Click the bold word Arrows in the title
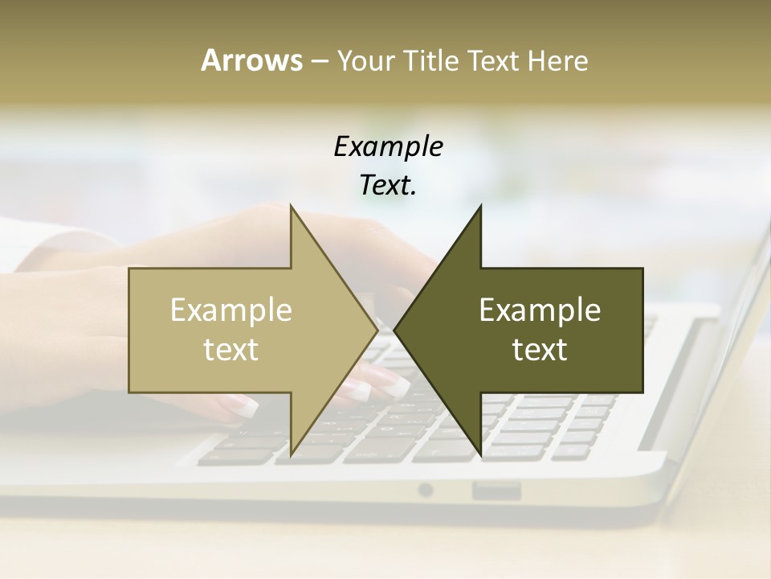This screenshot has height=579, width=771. (x=251, y=60)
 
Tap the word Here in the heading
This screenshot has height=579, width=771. (x=558, y=60)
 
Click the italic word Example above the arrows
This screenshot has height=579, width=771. (x=388, y=147)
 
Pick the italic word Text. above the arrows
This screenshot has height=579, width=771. (x=388, y=186)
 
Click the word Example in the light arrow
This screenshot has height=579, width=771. (x=231, y=310)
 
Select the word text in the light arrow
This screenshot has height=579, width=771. (x=231, y=350)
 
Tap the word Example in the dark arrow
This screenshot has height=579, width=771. (x=540, y=310)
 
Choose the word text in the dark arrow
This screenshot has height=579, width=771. (x=540, y=350)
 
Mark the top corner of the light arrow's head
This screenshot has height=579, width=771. (x=291, y=207)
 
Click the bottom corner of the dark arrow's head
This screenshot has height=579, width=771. (x=480, y=456)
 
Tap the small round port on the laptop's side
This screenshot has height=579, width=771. (x=426, y=490)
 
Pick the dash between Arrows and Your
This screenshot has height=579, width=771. (x=319, y=61)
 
